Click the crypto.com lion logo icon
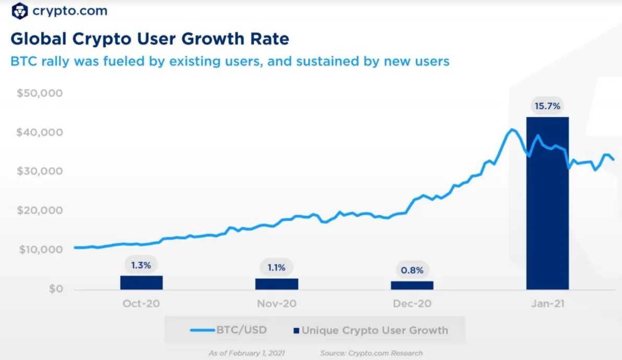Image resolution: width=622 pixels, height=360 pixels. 19,10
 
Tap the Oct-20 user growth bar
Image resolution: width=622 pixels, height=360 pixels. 141,282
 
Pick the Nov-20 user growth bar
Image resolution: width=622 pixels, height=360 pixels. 276,284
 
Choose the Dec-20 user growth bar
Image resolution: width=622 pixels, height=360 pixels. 412,285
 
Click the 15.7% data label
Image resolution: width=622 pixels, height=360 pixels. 547,106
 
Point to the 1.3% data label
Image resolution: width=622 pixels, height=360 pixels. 141,265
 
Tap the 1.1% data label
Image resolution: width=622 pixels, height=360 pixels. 276,268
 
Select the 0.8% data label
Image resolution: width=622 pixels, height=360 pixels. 412,271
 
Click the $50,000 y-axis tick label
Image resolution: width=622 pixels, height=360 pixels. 40,94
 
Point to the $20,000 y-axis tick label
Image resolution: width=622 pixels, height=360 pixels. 40,211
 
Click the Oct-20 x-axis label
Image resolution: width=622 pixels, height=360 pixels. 141,304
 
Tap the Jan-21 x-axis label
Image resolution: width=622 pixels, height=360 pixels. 547,304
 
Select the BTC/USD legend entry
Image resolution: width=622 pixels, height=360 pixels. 229,330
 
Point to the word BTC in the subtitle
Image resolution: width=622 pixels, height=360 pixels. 22,61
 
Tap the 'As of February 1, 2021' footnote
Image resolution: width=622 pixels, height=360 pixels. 247,353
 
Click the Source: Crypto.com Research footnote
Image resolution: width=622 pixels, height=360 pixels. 371,353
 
